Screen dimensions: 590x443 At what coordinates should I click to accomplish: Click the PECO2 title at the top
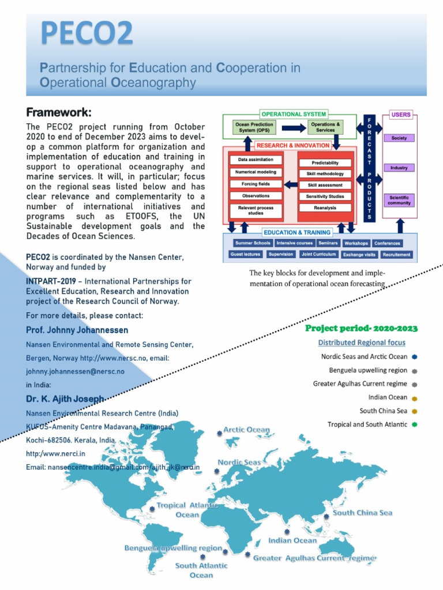(x=86, y=34)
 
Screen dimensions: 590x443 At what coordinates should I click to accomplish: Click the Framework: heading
(x=59, y=112)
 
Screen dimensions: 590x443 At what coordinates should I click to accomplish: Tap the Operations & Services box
(x=325, y=127)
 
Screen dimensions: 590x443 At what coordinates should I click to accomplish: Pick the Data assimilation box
(x=256, y=160)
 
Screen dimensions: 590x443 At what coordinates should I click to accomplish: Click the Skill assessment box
(x=325, y=185)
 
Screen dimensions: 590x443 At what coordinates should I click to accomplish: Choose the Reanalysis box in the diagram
(x=325, y=208)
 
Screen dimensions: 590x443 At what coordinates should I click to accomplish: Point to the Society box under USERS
(x=399, y=138)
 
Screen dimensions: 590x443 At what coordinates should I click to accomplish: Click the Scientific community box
(x=399, y=200)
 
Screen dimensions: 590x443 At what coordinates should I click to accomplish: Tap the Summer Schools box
(x=253, y=243)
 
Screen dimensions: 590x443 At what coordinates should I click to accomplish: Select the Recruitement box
(x=396, y=254)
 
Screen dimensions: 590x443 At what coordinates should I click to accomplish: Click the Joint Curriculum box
(x=318, y=254)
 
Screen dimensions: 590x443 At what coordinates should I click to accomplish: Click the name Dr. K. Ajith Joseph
(x=65, y=399)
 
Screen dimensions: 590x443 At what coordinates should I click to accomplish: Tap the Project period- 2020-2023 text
(x=361, y=328)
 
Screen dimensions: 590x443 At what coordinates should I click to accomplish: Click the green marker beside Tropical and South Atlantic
(x=415, y=425)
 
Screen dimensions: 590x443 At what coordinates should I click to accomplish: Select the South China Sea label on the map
(x=362, y=513)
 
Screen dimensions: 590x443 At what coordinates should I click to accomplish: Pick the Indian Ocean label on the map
(x=292, y=540)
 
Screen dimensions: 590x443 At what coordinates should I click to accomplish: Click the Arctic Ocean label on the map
(x=246, y=430)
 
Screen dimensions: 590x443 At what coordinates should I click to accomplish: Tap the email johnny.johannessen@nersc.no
(x=75, y=372)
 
